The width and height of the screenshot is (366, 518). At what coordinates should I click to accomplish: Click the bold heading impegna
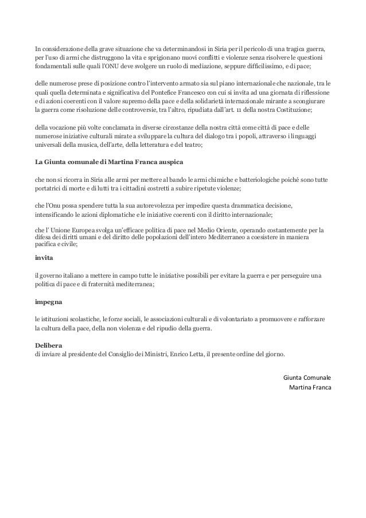tap(49, 301)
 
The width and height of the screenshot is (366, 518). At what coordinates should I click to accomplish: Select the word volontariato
tap(233, 317)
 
